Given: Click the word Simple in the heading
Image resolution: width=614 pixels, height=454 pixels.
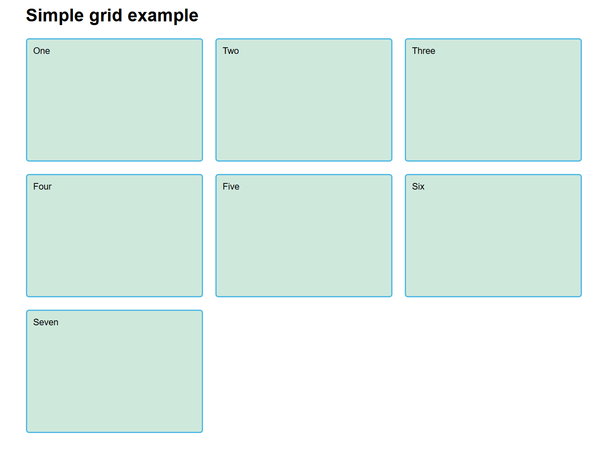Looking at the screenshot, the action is tap(55, 16).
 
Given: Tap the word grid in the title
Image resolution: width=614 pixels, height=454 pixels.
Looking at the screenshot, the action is tap(106, 16).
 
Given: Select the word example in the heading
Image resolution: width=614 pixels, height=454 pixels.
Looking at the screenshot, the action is tap(163, 16).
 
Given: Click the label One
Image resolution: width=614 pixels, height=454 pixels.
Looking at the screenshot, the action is tap(42, 51).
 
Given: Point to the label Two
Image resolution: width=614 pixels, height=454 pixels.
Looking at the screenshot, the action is tap(231, 51).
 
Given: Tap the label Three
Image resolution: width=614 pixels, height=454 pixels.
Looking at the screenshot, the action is tap(423, 51).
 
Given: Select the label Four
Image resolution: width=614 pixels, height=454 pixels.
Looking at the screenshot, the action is tap(42, 187).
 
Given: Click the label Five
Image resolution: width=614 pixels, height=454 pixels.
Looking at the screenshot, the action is tap(231, 187).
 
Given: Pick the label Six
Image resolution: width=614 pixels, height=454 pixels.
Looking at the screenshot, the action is tap(418, 187).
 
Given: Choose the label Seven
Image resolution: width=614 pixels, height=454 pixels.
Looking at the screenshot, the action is tap(46, 322).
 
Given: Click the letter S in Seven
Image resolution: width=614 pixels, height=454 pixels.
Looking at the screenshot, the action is tap(36, 322).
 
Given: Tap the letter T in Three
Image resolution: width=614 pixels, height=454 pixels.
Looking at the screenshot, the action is tap(415, 51).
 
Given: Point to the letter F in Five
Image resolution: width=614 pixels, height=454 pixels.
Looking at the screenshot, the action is tap(225, 187).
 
